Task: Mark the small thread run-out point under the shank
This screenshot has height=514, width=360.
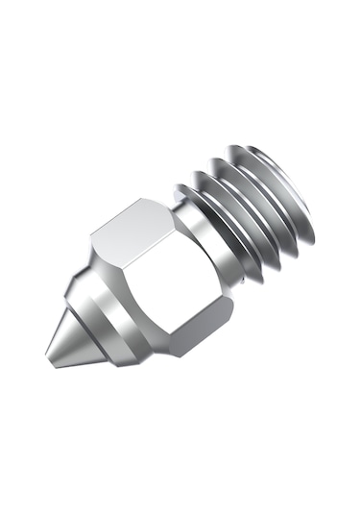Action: [x=259, y=279]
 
